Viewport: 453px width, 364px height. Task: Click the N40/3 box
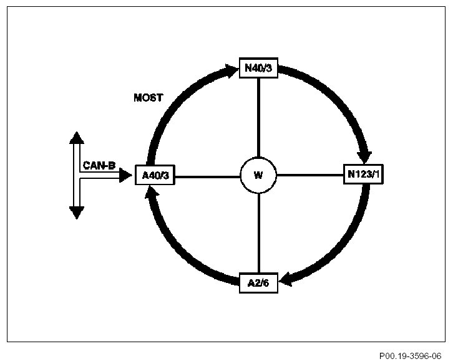pos(258,67)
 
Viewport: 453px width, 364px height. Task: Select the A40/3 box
pos(155,175)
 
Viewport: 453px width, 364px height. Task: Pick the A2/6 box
pos(258,282)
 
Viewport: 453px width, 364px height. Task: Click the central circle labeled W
pos(258,175)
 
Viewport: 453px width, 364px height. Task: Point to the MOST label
pos(148,98)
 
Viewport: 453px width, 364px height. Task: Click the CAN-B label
pos(99,166)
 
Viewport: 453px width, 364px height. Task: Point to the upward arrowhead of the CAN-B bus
pos(76,138)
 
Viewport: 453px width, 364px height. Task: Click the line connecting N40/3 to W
pos(258,118)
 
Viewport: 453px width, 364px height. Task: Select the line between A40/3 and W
pos(207,175)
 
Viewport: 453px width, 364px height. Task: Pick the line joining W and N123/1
pos(309,175)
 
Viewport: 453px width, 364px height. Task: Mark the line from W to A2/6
pos(258,234)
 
